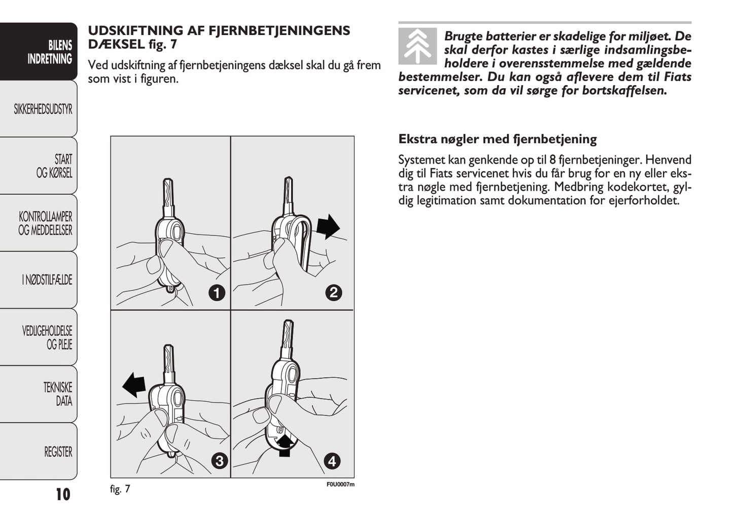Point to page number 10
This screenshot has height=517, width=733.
63,494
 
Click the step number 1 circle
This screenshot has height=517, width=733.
217,293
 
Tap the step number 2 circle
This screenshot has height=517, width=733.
333,292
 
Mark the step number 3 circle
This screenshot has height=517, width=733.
219,461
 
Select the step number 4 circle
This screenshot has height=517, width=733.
332,461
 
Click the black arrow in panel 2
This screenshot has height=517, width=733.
328,226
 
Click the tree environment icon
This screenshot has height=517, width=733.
417,47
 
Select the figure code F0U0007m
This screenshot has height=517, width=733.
340,484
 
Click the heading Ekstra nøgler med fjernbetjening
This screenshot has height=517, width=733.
497,139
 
